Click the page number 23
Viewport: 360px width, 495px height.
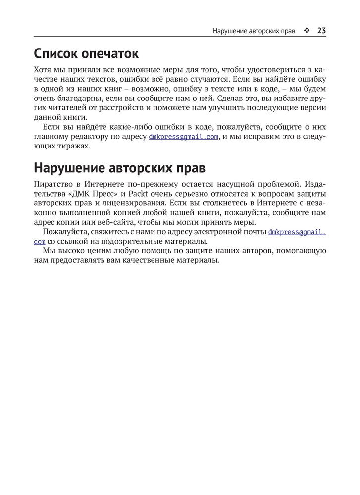coord(321,31)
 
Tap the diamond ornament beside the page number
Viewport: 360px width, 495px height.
coord(306,31)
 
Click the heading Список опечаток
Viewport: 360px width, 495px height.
coord(86,53)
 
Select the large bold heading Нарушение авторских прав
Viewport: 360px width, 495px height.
coord(119,168)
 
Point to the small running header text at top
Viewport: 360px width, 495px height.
coord(254,31)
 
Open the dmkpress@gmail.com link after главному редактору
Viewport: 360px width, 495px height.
coord(184,137)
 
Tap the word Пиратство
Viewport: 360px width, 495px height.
coord(51,184)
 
